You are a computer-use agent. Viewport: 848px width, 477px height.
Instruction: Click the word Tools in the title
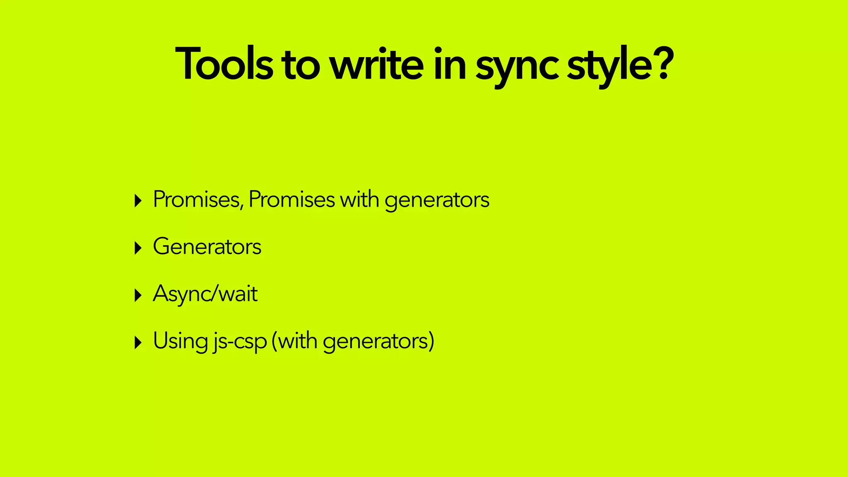(224, 64)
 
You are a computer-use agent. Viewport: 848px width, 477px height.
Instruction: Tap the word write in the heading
(376, 64)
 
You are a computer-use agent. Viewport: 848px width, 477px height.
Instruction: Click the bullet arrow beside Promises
(138, 201)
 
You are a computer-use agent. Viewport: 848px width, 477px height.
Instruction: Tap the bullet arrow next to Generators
(138, 248)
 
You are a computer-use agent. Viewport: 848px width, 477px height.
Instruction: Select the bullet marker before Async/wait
(138, 296)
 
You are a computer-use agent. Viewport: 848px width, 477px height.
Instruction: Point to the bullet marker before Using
(138, 343)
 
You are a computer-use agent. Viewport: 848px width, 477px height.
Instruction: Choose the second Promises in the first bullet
(291, 200)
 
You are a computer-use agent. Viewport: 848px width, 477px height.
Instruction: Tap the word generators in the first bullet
(437, 201)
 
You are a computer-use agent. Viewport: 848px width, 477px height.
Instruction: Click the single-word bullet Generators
(207, 247)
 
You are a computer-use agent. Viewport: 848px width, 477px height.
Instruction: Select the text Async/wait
(205, 294)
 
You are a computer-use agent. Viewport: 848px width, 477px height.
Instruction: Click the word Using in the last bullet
(181, 341)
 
